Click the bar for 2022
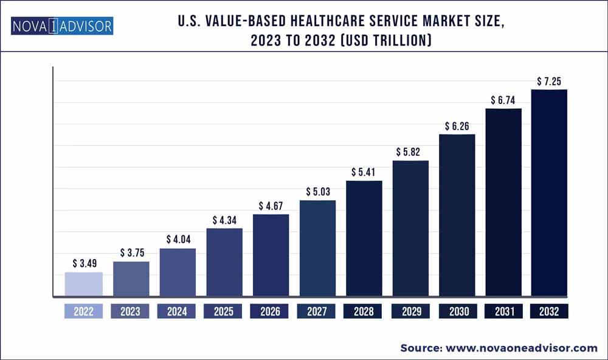coord(84,285)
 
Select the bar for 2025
coord(224,263)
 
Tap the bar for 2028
coord(364,239)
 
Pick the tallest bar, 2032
coord(549,193)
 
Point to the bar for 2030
coord(457,215)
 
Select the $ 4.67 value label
coord(271,206)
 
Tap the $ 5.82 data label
coord(410,152)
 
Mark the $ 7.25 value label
coord(549,81)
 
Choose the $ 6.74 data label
coord(503,100)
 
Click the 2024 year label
coord(177,311)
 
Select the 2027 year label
coord(317,311)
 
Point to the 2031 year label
coord(503,311)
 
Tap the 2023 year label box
coord(130,311)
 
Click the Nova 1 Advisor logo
coord(61,26)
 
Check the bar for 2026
coord(271,255)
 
